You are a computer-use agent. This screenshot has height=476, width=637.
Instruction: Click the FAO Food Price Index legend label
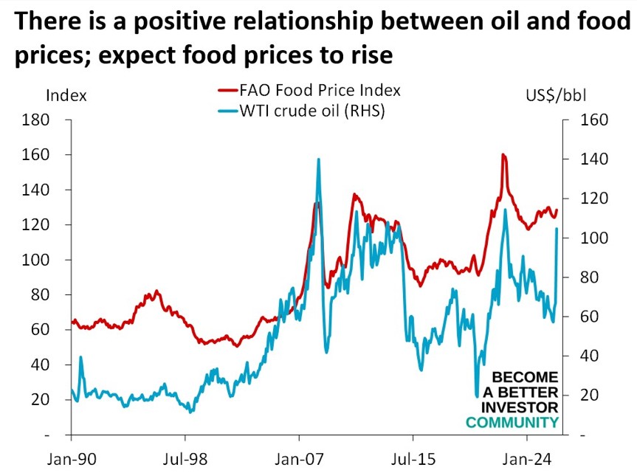click(320, 91)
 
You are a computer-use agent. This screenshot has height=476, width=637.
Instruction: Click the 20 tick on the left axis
click(40, 400)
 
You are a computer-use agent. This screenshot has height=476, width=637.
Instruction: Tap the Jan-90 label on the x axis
click(72, 458)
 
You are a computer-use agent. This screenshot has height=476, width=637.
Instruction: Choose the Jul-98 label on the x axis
click(185, 458)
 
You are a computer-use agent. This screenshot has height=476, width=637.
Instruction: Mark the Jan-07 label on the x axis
click(299, 458)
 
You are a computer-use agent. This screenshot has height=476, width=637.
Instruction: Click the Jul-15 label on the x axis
click(412, 458)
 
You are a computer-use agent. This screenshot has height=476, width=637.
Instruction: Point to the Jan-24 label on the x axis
click(526, 458)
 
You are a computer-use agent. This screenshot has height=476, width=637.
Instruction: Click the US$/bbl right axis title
click(556, 95)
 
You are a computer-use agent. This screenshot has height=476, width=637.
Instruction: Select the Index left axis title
click(66, 95)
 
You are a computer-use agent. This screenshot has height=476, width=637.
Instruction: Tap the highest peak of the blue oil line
click(318, 159)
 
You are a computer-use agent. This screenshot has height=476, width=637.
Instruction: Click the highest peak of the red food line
click(503, 155)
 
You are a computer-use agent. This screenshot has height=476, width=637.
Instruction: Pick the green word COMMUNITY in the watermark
click(512, 422)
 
